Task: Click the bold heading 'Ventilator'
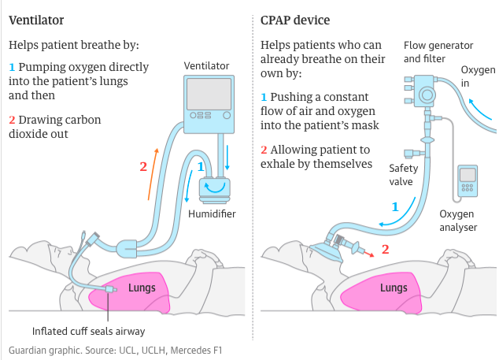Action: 36,19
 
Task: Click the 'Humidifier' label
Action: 213,213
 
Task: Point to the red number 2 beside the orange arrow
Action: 143,166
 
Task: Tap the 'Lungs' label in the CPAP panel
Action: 394,288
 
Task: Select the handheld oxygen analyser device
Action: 468,181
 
